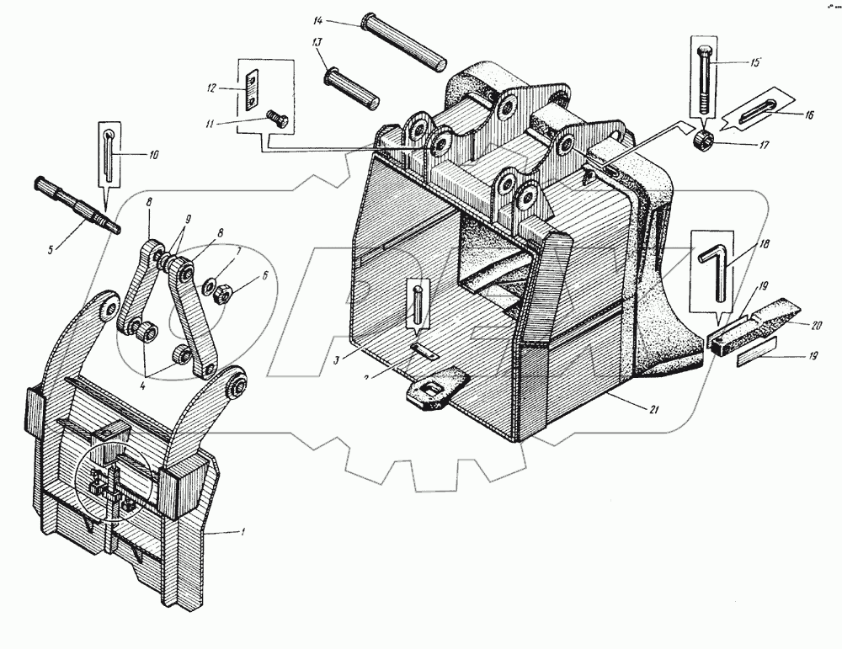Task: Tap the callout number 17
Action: point(763,145)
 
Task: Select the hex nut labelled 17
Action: point(705,138)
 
